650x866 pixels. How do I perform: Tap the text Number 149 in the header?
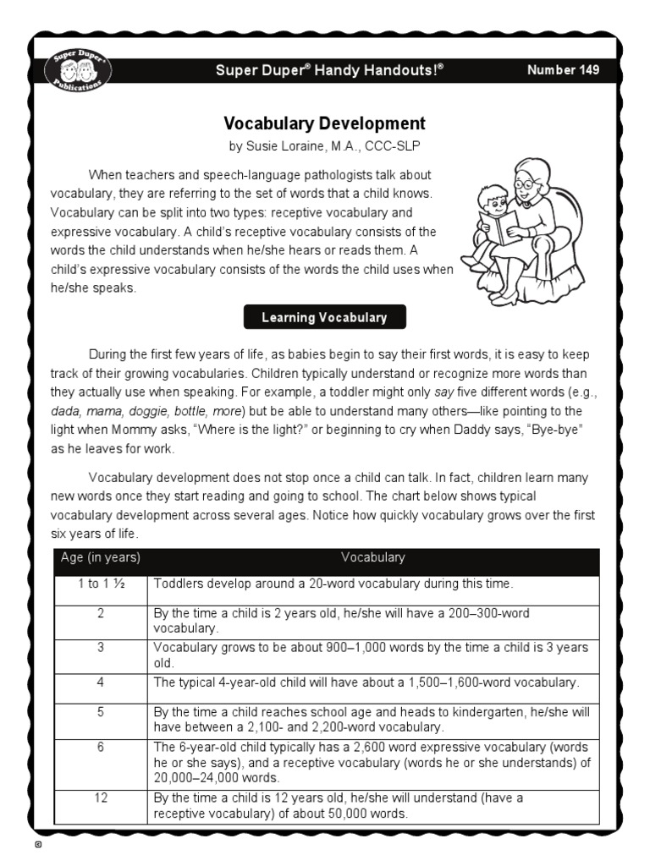(x=563, y=70)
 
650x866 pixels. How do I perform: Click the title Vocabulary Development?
(x=324, y=123)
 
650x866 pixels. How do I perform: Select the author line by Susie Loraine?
(x=324, y=146)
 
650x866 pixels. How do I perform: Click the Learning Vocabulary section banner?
(x=324, y=318)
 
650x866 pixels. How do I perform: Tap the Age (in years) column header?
(x=101, y=558)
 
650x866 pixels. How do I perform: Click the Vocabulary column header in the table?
(x=372, y=558)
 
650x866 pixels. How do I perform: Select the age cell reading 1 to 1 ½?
(x=101, y=584)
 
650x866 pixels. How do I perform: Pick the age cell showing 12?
(x=101, y=797)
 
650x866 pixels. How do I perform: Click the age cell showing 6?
(x=101, y=748)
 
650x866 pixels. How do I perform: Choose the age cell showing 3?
(x=101, y=647)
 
